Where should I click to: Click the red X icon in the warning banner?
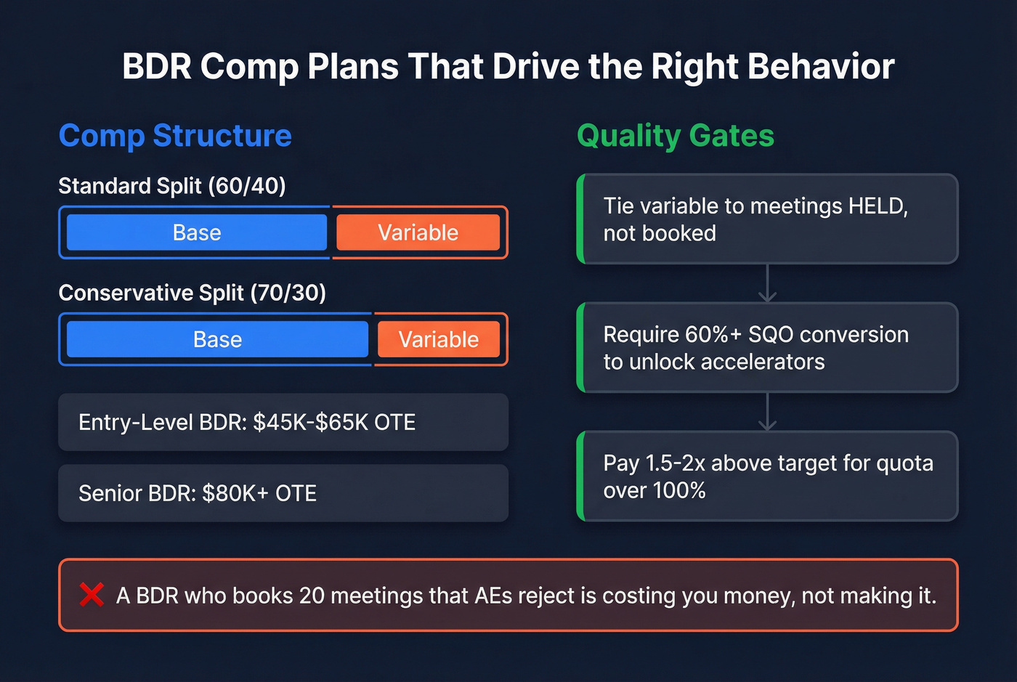[x=92, y=595]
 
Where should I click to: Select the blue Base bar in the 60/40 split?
[x=196, y=232]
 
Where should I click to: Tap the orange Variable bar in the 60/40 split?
[x=418, y=232]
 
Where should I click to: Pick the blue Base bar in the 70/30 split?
[x=217, y=339]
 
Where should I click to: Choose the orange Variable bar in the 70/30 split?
[x=438, y=339]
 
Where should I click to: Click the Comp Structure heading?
[x=175, y=136]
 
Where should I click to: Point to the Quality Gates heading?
[x=675, y=136]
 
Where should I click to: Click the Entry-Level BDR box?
[x=283, y=422]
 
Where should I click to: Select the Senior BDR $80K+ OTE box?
[x=283, y=493]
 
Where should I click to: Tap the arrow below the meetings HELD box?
[x=767, y=284]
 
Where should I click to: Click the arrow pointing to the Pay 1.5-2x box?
[x=767, y=413]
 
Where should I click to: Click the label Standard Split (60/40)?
[x=172, y=186]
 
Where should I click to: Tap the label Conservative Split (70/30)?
[x=192, y=293]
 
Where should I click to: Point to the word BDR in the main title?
[x=157, y=67]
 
